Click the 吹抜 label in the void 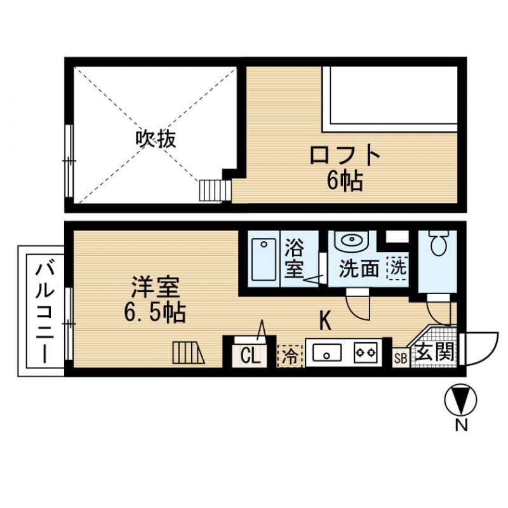(155, 138)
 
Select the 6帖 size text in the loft (345, 182)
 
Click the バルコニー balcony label (42, 311)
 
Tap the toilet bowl (439, 242)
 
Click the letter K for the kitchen (324, 321)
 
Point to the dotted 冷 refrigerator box (290, 355)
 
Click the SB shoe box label (400, 358)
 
